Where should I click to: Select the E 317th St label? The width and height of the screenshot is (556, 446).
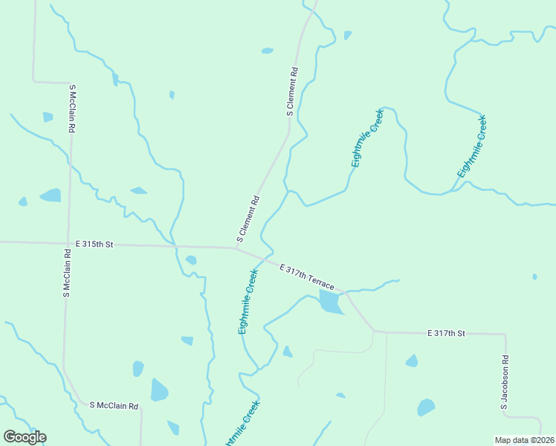(x=446, y=334)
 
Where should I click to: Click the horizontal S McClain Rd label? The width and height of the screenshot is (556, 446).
(x=114, y=406)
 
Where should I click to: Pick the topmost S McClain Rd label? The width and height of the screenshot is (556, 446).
(x=74, y=109)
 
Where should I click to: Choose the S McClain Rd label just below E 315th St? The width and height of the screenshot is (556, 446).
(x=67, y=273)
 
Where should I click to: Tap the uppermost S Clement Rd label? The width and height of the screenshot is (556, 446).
(x=293, y=92)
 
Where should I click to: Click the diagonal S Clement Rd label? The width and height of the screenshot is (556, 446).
(x=248, y=219)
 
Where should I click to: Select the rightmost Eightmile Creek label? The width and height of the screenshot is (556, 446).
(x=472, y=146)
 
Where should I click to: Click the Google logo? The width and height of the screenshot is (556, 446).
(x=25, y=436)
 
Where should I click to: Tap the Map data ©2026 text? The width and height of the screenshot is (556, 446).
(x=524, y=440)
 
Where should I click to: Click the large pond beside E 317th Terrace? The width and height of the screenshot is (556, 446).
(x=329, y=302)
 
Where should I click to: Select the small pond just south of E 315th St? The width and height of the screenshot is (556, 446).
(x=191, y=260)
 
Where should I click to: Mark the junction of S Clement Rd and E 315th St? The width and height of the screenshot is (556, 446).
(x=236, y=248)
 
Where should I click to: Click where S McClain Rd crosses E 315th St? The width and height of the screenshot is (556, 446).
(x=68, y=242)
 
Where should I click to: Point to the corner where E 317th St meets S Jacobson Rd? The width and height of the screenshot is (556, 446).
(x=505, y=334)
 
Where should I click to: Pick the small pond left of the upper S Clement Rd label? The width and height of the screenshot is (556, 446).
(x=268, y=51)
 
